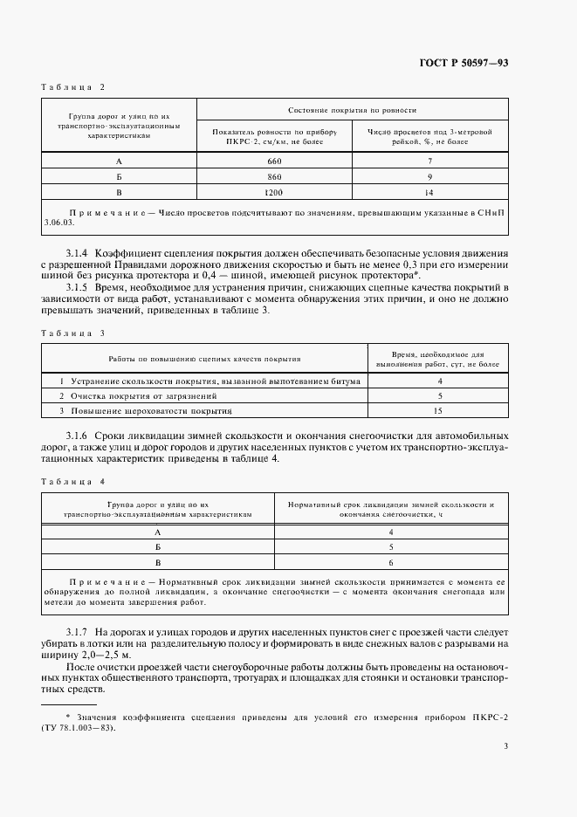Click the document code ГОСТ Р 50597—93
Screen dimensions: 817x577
tap(465, 62)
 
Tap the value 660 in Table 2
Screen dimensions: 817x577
tap(275, 161)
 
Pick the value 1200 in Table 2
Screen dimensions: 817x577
tap(275, 190)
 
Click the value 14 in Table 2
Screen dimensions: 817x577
tap(429, 190)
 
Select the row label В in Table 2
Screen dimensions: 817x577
tap(119, 190)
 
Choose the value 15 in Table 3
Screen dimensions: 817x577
tap(439, 409)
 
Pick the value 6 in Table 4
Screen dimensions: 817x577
tap(391, 561)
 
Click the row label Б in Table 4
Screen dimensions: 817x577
tap(158, 546)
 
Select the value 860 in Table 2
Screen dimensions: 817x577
tap(275, 175)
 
